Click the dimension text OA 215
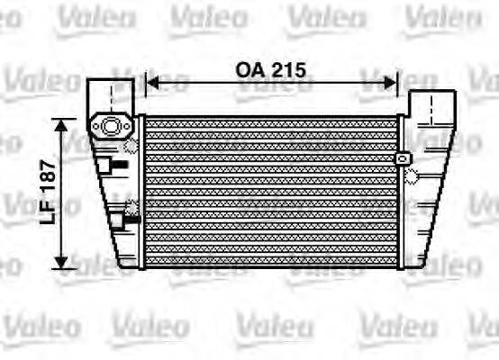coord(271,68)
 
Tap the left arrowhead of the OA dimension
coord(151,83)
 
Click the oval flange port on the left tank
coord(111,127)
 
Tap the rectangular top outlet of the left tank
coord(110,94)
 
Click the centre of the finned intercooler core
coord(271,191)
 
